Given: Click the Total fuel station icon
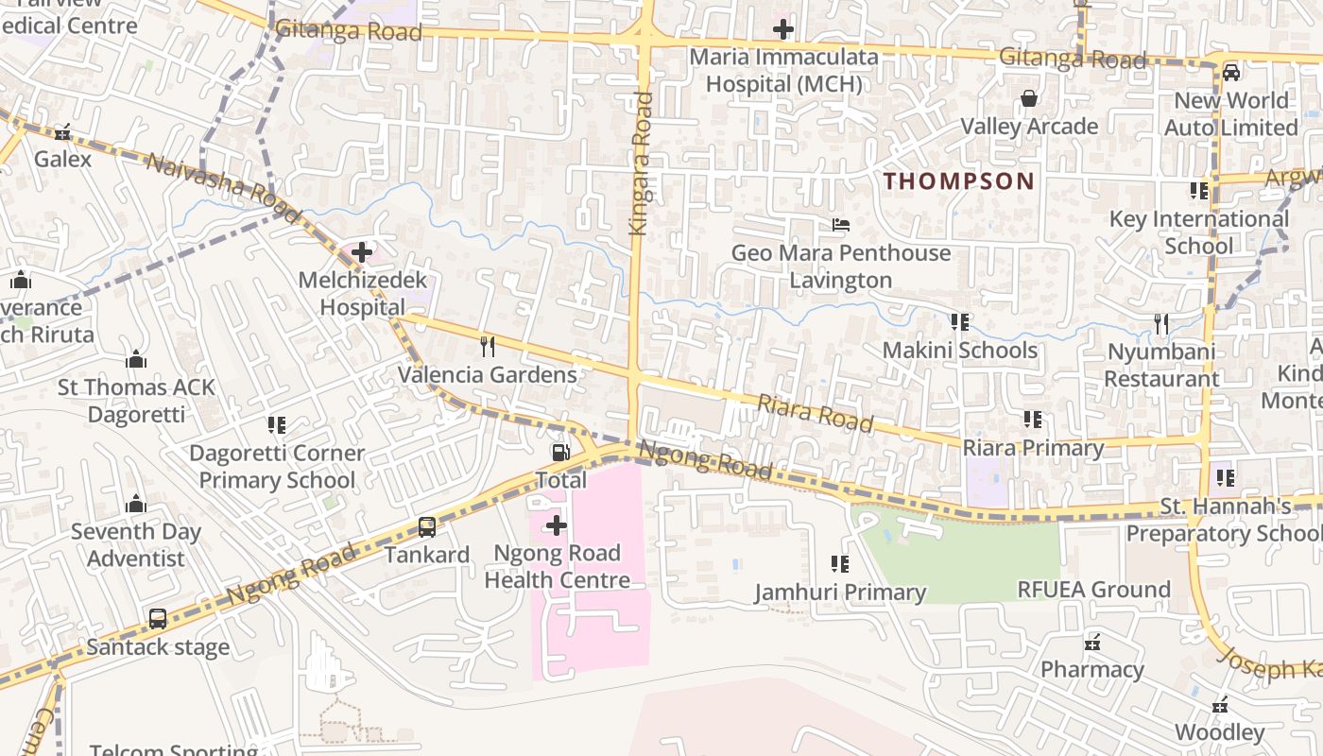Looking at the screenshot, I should (x=560, y=453).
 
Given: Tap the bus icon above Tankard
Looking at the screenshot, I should (x=427, y=527).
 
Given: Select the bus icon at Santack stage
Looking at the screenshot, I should (x=158, y=620).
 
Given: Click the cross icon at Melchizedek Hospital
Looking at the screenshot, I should (x=362, y=252).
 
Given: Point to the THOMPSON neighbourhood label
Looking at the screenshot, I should (x=958, y=181).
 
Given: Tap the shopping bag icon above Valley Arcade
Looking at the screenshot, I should (x=1029, y=98).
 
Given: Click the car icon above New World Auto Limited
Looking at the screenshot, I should (x=1230, y=73).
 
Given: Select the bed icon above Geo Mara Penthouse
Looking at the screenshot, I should (x=840, y=225).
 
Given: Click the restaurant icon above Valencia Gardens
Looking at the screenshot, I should (x=488, y=347).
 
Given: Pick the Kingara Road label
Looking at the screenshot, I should (x=642, y=163).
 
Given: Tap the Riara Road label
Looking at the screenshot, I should (x=815, y=413).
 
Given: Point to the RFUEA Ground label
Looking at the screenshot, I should (x=1093, y=590).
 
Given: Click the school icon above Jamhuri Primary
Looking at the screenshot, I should (x=839, y=564).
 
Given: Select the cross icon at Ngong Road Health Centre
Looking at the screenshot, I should (x=557, y=525).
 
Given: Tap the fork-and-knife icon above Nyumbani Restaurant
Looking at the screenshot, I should (x=1161, y=324).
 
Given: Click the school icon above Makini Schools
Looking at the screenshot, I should (x=960, y=322).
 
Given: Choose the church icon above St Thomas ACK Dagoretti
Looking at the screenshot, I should (x=136, y=359).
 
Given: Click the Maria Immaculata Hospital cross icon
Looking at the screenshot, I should (x=782, y=29).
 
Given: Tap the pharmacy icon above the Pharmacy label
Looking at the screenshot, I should (x=1092, y=643).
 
